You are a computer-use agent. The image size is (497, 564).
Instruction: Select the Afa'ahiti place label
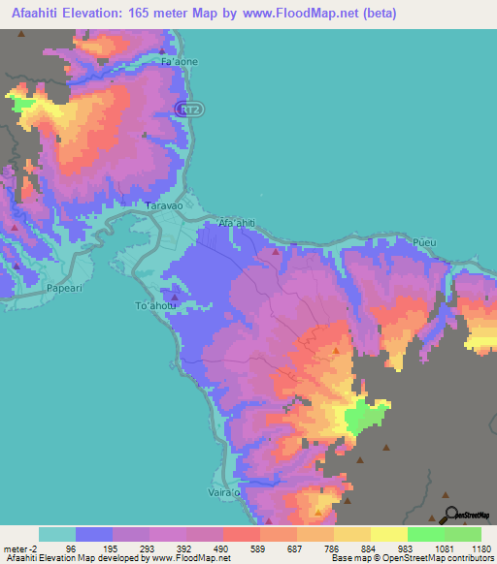pyautogui.click(x=237, y=224)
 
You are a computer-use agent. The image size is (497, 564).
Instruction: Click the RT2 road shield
pyautogui.click(x=191, y=110)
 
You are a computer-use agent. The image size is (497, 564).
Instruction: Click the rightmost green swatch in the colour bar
pyautogui.click(x=463, y=534)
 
